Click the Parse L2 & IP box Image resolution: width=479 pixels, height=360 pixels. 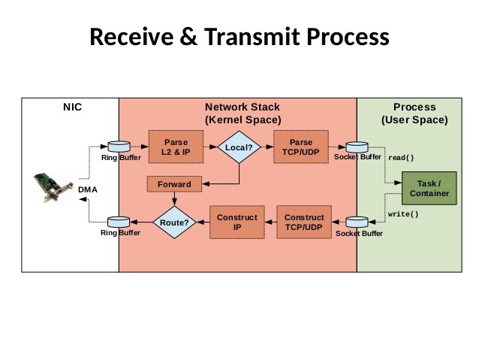click(x=176, y=147)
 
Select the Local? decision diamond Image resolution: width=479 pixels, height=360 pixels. click(x=239, y=147)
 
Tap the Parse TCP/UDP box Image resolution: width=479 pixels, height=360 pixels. click(x=300, y=147)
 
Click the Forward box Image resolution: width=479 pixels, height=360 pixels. click(x=174, y=184)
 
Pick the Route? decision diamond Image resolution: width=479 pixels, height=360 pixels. click(x=174, y=222)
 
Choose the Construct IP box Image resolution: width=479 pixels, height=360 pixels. click(x=236, y=222)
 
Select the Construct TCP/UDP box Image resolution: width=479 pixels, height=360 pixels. click(x=305, y=222)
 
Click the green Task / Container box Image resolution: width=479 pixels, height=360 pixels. click(x=429, y=189)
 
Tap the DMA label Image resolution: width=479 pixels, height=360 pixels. click(x=88, y=189)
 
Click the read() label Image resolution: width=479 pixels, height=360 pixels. click(x=401, y=159)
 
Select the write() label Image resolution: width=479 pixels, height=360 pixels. click(x=403, y=214)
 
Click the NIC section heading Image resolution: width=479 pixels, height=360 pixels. click(x=72, y=107)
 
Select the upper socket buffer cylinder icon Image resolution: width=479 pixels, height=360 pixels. click(x=357, y=146)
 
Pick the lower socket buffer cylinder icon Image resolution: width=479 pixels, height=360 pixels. click(x=357, y=222)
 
